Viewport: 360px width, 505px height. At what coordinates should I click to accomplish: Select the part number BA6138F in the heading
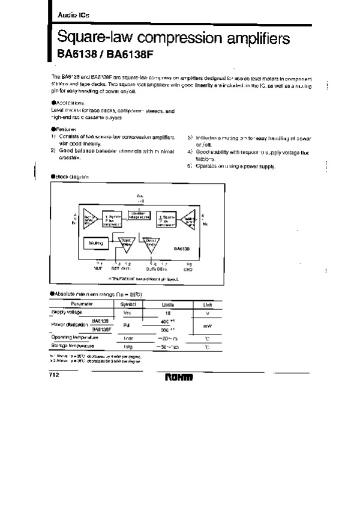click(x=112, y=54)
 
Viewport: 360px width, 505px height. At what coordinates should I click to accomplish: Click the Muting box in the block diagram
click(x=95, y=243)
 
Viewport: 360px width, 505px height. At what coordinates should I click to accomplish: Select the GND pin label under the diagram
click(x=187, y=270)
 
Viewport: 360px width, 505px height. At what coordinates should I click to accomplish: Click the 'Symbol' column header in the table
click(x=128, y=305)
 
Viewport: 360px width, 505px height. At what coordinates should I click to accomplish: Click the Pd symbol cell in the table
click(x=127, y=326)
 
